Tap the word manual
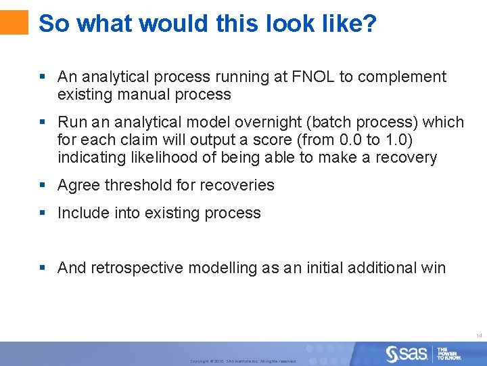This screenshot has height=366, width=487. click(140, 95)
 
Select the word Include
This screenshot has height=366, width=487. click(81, 213)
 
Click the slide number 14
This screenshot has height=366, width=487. click(478, 335)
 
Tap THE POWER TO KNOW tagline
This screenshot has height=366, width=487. click(448, 354)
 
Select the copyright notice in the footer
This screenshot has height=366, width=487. click(243, 361)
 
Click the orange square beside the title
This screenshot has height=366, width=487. click(14, 22)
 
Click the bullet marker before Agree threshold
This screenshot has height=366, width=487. click(42, 185)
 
